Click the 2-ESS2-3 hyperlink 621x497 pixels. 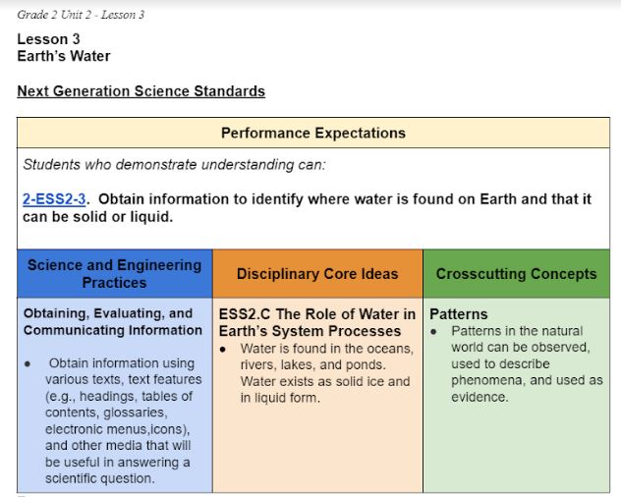(54, 199)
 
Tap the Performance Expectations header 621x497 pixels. (313, 133)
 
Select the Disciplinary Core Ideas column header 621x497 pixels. (317, 274)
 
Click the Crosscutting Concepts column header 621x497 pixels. (517, 274)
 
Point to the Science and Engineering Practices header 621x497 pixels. (114, 274)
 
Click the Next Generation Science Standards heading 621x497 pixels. (141, 91)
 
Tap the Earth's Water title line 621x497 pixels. (64, 56)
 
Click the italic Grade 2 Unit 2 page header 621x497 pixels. (81, 15)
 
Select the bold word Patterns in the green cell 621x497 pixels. (459, 314)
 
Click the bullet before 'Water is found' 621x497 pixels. (223, 350)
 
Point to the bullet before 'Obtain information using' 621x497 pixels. (28, 364)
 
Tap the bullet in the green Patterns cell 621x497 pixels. (433, 331)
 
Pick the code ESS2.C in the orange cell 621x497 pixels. (245, 314)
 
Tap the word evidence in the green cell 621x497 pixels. (480, 397)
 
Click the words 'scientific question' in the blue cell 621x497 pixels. (99, 478)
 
